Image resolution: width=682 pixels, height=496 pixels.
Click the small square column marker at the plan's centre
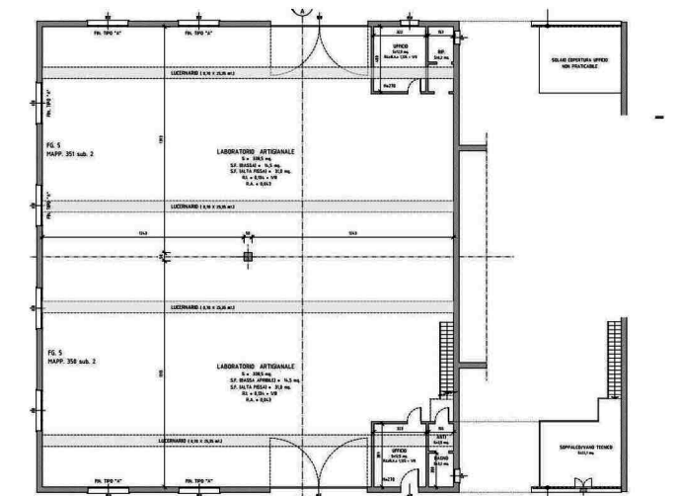pyautogui.click(x=248, y=256)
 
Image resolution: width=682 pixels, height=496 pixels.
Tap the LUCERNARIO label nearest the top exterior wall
pyautogui.click(x=197, y=74)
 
